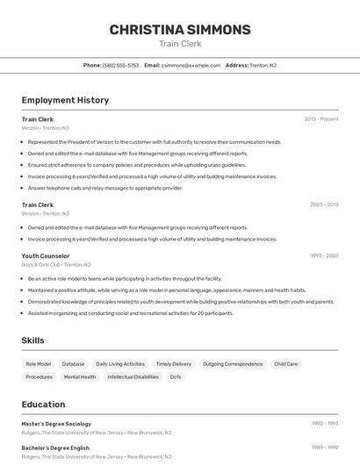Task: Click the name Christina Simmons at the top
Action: (x=180, y=30)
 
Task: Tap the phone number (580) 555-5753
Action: (x=121, y=65)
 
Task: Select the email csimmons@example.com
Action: (x=191, y=65)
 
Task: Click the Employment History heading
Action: (x=65, y=100)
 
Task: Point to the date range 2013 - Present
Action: (x=321, y=118)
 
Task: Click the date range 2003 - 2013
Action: (x=324, y=204)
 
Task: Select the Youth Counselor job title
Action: (x=46, y=255)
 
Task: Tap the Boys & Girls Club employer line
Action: (x=55, y=264)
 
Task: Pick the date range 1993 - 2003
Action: (x=324, y=255)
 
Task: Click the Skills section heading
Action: (x=33, y=340)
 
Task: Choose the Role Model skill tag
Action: (x=38, y=363)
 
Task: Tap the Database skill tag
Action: (x=74, y=363)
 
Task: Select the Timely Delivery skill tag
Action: (x=173, y=363)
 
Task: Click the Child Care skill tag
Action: (x=285, y=363)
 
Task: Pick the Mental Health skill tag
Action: (x=80, y=376)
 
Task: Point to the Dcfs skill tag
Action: (x=176, y=376)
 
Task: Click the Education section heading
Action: (x=43, y=404)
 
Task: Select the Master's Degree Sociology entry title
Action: (x=56, y=424)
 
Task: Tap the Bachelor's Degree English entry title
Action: (x=55, y=447)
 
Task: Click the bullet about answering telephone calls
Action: (x=105, y=188)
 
